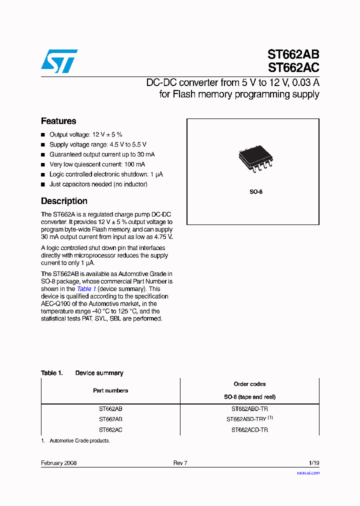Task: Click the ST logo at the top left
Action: [59, 60]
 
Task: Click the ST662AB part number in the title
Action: [293, 54]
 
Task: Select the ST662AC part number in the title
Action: [293, 67]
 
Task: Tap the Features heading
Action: [58, 121]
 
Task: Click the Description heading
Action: [64, 201]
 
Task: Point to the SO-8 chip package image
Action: [255, 159]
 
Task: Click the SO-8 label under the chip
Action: [256, 192]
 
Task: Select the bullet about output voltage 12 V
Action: [85, 135]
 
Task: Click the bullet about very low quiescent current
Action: [97, 164]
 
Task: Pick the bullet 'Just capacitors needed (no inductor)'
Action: [98, 184]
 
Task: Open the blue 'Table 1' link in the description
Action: [86, 289]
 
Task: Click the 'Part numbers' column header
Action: [110, 390]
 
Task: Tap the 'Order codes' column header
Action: [249, 384]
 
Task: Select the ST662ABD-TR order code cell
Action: [249, 408]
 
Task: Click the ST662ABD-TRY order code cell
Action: [249, 419]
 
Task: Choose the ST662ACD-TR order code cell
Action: [249, 430]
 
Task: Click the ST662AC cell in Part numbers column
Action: [110, 430]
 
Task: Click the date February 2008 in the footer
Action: [58, 463]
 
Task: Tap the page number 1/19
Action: [313, 463]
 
